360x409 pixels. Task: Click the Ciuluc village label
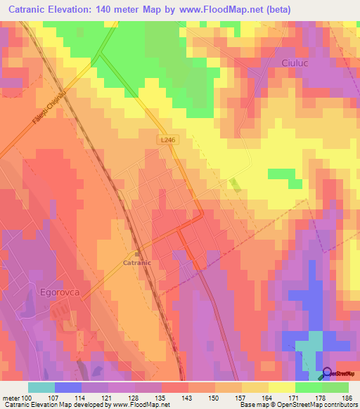pos(286,63)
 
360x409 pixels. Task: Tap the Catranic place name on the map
pos(137,263)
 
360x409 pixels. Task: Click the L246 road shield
pos(167,141)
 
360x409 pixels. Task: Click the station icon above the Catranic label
pos(137,254)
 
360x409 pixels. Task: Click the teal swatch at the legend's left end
pos(41,387)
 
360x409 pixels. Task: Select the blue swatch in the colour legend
pos(67,387)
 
